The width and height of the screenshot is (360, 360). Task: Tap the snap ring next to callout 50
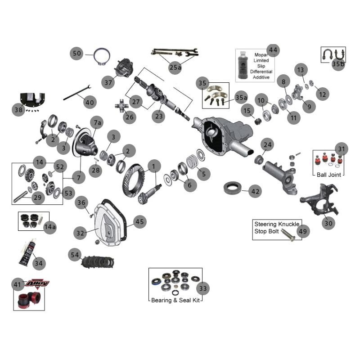103,58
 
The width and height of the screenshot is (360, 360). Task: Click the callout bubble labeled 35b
338,64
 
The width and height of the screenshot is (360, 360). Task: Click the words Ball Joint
328,174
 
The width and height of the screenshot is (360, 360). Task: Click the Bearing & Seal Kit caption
175,300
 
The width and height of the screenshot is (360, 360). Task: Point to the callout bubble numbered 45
140,221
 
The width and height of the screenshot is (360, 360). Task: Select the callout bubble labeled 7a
98,122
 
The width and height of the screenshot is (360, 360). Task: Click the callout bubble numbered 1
153,166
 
